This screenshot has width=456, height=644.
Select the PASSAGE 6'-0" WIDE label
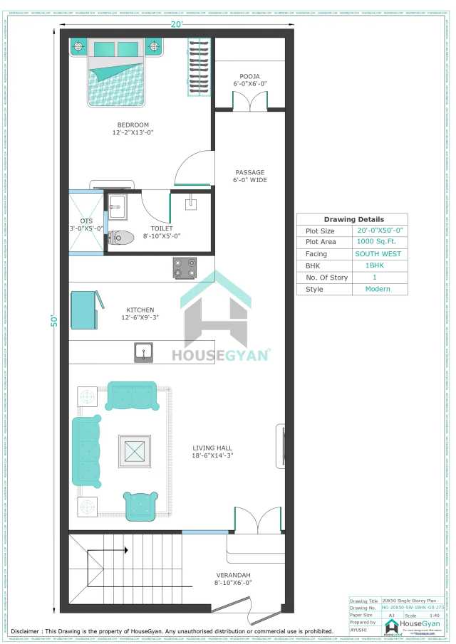250,176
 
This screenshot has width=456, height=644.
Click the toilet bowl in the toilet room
122,238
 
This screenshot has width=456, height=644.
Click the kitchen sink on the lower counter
145,351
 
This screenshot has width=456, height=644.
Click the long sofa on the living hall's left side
86,451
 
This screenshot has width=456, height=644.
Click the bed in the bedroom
117,71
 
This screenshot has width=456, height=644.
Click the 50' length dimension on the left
53,321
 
